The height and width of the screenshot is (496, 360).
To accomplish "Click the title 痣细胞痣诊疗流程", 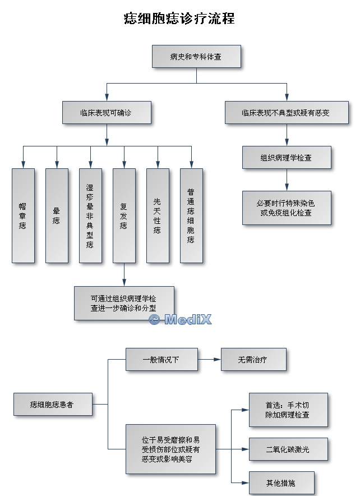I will [179, 19].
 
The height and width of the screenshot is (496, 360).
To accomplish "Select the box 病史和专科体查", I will [196, 57].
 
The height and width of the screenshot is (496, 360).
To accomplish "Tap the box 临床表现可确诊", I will [107, 112].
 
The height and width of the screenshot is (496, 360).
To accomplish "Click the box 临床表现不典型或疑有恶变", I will [286, 112].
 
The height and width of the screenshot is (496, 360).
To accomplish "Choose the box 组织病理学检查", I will [287, 158].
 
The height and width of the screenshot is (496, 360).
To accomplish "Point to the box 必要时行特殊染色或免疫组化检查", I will [287, 208].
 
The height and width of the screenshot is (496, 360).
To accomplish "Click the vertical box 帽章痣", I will [23, 216].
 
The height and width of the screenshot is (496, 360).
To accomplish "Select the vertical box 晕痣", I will [57, 216].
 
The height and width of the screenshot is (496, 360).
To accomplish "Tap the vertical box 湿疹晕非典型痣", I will [90, 216].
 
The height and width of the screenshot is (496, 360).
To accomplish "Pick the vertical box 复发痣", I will [124, 216].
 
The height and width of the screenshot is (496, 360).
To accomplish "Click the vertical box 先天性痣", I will [158, 216].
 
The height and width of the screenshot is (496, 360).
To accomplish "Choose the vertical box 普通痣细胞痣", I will [191, 216].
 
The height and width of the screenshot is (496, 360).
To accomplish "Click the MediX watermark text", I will [181, 319].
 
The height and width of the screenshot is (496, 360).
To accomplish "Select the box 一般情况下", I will [161, 360].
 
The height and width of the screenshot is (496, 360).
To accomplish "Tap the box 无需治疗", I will [253, 360].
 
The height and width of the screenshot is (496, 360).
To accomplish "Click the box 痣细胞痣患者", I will [53, 404].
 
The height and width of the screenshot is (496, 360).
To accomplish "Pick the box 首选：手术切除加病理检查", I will [288, 410].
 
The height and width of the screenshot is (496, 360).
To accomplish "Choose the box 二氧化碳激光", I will [288, 449].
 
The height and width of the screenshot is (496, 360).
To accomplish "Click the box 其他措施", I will [281, 483].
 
